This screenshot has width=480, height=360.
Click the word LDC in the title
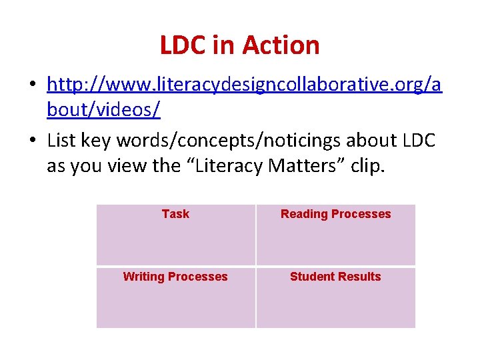click(x=183, y=45)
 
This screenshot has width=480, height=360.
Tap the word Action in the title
click(x=281, y=45)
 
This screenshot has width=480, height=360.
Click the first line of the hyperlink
click(x=244, y=85)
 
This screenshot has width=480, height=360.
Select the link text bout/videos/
click(x=103, y=109)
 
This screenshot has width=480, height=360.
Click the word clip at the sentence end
click(x=367, y=165)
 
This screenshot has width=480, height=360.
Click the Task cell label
click(x=175, y=214)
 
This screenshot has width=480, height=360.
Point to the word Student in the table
click(x=311, y=277)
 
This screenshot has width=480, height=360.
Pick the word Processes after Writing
click(x=199, y=277)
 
